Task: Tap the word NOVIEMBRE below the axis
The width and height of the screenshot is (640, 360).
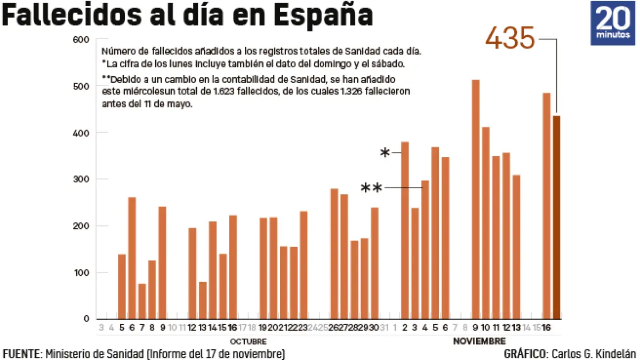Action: (x=479, y=341)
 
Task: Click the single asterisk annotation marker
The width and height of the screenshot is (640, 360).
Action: (x=385, y=154)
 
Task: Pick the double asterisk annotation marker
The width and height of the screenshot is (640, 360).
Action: (x=372, y=188)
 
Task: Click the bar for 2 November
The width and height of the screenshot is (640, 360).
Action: (x=405, y=230)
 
